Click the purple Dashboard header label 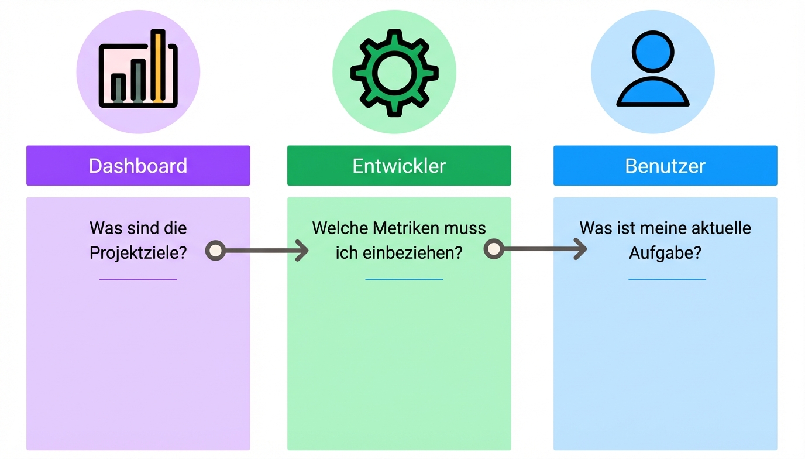click(x=138, y=166)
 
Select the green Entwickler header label click(x=399, y=166)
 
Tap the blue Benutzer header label click(x=665, y=166)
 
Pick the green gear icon click(x=394, y=73)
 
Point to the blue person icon click(x=653, y=70)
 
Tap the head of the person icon click(x=653, y=51)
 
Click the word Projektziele click(x=138, y=253)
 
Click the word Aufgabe click(x=665, y=253)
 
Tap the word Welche click(x=339, y=228)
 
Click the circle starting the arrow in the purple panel click(x=215, y=251)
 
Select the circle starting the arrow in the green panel click(x=494, y=249)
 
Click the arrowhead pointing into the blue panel click(x=580, y=249)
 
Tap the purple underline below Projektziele click(x=138, y=279)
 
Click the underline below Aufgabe click(x=667, y=279)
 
